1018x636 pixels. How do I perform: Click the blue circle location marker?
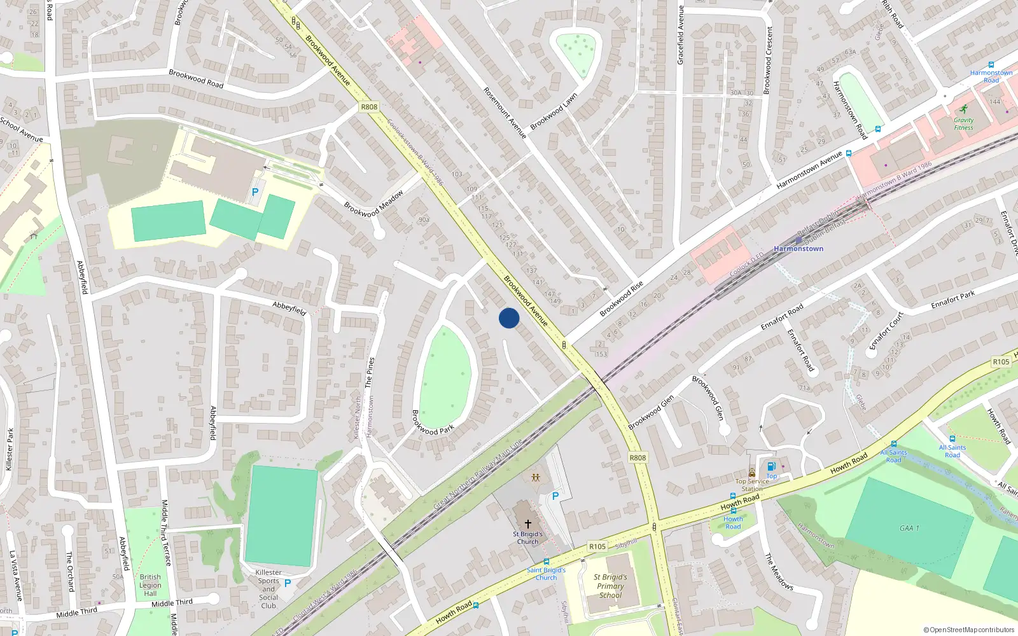coord(509,318)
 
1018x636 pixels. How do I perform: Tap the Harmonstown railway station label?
coord(798,249)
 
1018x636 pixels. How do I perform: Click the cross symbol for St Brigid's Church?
coord(527,523)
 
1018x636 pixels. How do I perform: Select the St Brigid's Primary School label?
coord(611,586)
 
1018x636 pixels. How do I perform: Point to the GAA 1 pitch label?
coord(909,529)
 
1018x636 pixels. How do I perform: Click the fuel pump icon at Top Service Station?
coord(771,466)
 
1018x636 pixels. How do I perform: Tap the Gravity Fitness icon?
coord(964,109)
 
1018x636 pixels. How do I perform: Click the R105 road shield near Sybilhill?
coord(597,546)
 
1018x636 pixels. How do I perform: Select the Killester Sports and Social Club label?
coord(268,589)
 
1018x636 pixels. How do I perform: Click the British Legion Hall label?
coord(150,585)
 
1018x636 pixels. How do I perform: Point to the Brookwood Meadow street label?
coord(373,204)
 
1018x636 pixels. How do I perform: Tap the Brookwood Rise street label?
coord(622,298)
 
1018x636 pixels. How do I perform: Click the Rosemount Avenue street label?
coord(505,113)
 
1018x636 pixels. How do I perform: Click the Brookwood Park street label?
coord(433,422)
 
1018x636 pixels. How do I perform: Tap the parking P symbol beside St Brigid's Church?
coord(555,496)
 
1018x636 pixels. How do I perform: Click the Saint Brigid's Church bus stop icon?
coord(546,562)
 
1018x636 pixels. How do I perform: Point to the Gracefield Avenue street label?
coord(680,35)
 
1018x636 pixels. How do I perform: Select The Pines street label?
coord(370,373)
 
